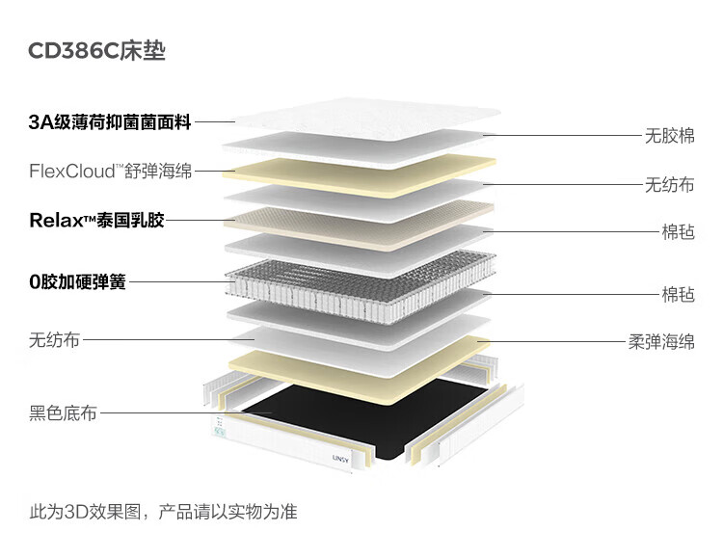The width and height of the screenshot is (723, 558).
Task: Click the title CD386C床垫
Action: (97, 51)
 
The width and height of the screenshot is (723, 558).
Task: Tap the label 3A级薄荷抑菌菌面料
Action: (110, 122)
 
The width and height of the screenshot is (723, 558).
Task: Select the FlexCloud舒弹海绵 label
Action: (110, 172)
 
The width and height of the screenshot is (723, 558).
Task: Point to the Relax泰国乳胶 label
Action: (96, 221)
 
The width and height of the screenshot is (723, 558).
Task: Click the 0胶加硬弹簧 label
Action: (77, 282)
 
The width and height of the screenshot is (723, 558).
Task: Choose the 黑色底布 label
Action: (63, 414)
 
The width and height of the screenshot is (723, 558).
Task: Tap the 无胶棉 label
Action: (669, 136)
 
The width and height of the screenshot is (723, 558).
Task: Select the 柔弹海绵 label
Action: (661, 341)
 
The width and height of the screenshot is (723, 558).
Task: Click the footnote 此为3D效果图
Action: (163, 512)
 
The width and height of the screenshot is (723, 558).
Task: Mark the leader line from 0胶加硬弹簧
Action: (178, 282)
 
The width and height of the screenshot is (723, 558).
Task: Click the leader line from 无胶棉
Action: (569, 136)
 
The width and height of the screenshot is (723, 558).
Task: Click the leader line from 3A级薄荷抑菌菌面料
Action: (215, 122)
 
